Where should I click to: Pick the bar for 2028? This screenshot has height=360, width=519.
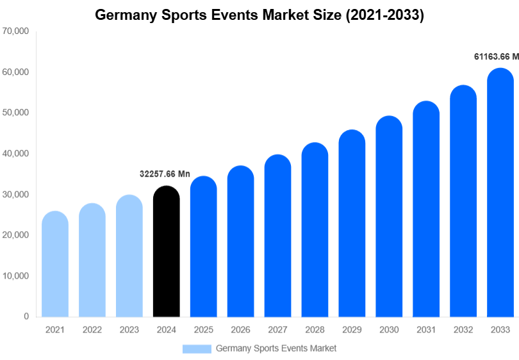point(315,230)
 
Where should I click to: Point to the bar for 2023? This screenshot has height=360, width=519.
point(129,256)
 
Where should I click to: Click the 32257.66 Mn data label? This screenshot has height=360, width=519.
point(165,174)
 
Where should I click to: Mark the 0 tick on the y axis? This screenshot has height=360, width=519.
point(26,316)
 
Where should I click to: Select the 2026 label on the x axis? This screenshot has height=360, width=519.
point(240,330)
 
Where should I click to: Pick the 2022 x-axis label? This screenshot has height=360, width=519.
point(92,330)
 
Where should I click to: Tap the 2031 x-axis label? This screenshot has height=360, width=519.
point(426,330)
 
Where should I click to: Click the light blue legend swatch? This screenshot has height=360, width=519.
point(197,348)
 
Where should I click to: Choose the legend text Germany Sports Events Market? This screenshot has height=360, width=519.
point(276,348)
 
